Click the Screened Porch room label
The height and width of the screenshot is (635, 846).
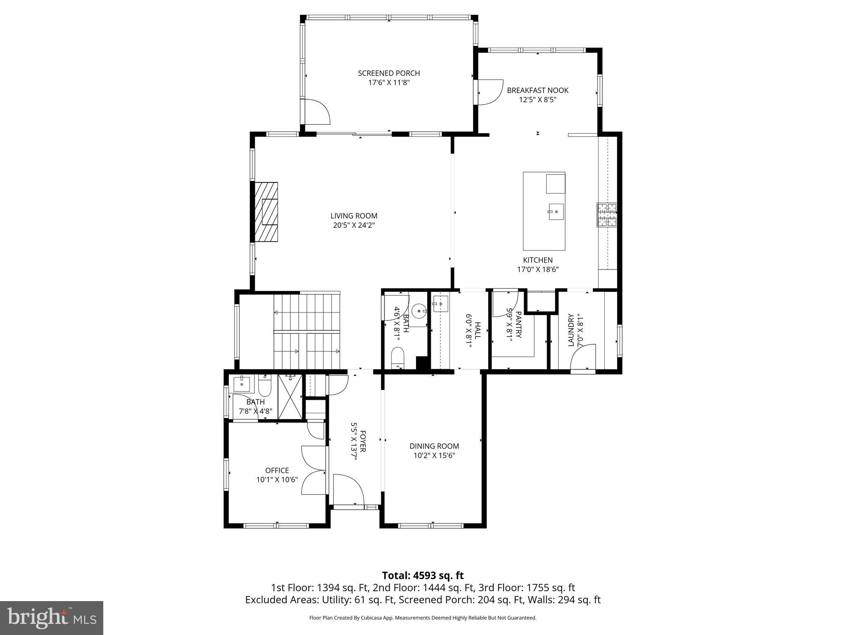(x=389, y=73)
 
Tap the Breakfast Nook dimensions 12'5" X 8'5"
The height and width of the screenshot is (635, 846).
(x=537, y=100)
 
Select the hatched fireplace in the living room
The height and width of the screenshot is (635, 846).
(x=266, y=212)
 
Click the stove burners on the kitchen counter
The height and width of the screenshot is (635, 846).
(x=606, y=215)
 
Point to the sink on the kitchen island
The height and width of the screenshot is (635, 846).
(x=556, y=212)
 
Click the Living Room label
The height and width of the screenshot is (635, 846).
(x=354, y=216)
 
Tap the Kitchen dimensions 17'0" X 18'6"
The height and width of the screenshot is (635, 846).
(x=538, y=270)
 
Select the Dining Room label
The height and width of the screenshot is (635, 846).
(x=434, y=446)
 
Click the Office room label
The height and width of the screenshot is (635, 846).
(x=277, y=470)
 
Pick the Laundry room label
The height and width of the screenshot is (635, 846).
(x=571, y=330)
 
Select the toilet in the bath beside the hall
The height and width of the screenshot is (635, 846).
(x=397, y=357)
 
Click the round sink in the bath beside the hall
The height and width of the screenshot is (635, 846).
(x=419, y=310)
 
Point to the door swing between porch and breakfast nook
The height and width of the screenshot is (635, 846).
(x=490, y=92)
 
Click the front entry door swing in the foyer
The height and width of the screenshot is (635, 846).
(x=348, y=489)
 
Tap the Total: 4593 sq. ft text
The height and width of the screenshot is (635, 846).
(x=423, y=575)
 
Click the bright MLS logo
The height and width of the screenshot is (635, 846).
(x=52, y=618)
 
